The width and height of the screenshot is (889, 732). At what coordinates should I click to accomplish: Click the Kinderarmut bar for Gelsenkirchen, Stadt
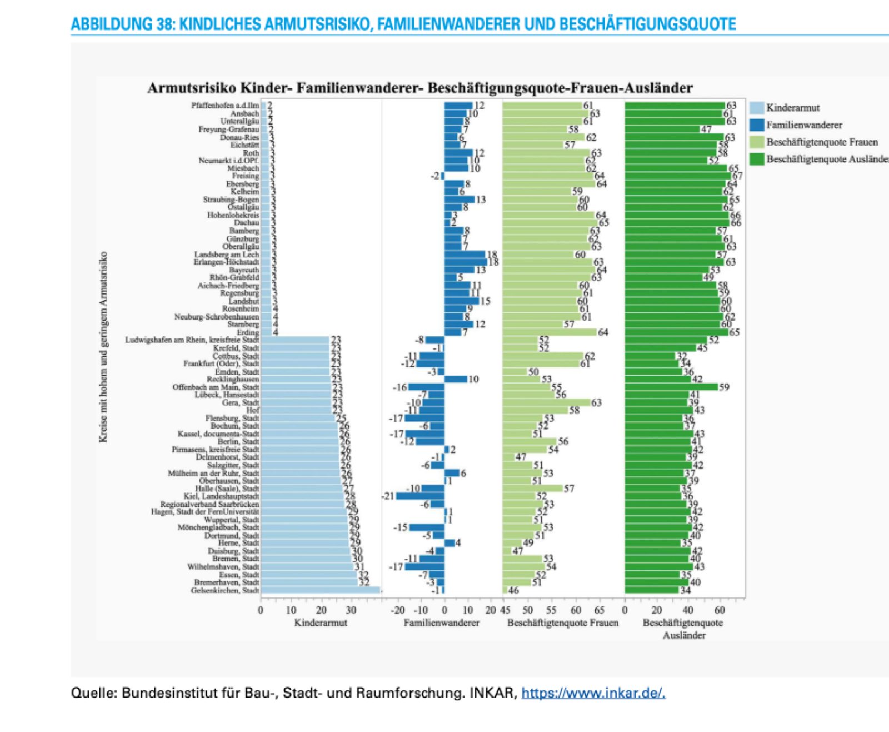click(320, 590)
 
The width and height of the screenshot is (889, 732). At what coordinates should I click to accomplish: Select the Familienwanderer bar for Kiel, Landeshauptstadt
click(420, 496)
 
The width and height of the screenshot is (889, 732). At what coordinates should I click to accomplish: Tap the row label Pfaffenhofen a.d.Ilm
click(225, 106)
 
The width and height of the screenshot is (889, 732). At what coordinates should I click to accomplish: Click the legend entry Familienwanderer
click(804, 125)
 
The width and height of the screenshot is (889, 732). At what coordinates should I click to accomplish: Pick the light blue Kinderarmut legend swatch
click(756, 108)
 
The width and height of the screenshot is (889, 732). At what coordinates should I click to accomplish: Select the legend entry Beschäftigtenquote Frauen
click(822, 142)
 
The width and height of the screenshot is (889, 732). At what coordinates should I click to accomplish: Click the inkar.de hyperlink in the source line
click(593, 693)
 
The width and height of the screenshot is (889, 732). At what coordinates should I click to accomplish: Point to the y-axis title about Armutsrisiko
click(103, 347)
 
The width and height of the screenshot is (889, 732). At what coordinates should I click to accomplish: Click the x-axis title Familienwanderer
click(441, 623)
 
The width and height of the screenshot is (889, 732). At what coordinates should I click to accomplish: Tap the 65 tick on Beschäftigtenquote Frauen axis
click(600, 610)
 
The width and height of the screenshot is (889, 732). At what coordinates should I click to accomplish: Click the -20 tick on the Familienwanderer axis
click(398, 610)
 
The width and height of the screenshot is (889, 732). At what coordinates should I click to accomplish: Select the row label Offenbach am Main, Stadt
click(216, 387)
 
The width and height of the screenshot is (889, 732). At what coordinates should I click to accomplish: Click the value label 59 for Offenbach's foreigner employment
click(724, 387)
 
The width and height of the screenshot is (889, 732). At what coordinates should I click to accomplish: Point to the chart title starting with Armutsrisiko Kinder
click(419, 88)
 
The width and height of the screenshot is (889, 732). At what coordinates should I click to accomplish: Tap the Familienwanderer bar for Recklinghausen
click(456, 379)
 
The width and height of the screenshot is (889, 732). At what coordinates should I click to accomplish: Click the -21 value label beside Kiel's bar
click(388, 496)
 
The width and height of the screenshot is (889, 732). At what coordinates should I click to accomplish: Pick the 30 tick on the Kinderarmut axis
click(351, 610)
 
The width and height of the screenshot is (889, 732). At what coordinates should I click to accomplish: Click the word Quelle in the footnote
click(92, 693)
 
